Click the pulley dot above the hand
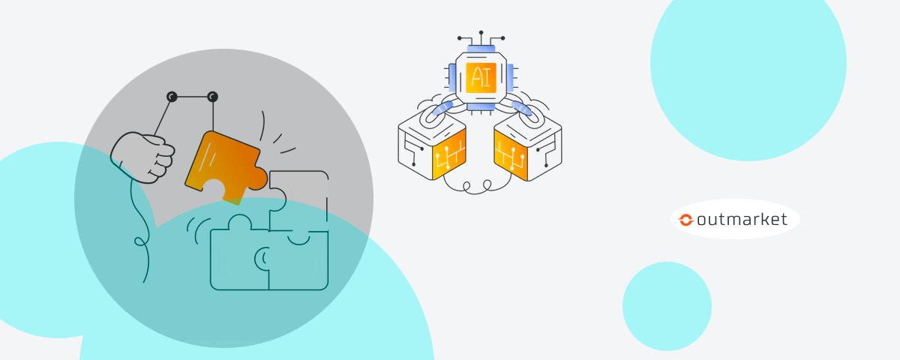[x=172, y=97]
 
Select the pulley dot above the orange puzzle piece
[x=213, y=97]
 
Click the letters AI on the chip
[x=481, y=78]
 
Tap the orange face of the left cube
[x=448, y=154]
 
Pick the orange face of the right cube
[x=511, y=154]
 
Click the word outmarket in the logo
[x=742, y=219]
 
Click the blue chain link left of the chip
[x=439, y=114]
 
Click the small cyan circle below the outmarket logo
[x=667, y=306]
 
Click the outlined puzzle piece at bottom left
[x=238, y=259]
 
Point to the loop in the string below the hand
[x=139, y=241]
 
